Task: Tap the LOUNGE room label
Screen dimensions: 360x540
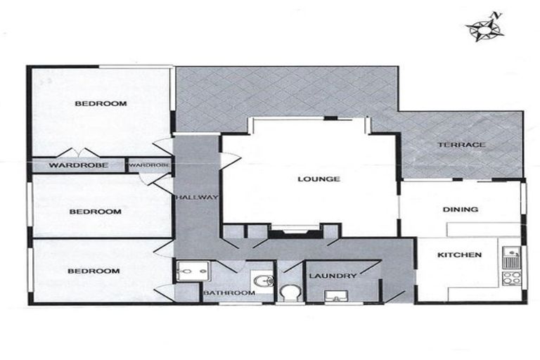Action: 319,179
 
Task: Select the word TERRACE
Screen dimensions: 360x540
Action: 462,145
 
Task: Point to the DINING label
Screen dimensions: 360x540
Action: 461,209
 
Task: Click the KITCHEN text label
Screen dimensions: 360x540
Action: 460,255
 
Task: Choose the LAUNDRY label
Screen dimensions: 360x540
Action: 333,276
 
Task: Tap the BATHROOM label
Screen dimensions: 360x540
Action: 229,292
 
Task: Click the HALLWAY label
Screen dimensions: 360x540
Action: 198,198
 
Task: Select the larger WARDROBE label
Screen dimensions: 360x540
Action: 78,166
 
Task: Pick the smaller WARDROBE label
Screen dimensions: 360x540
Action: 149,165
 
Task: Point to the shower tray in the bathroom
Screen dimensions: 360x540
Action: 188,270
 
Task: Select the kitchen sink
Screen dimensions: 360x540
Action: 511,252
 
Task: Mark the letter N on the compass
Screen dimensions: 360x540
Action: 496,15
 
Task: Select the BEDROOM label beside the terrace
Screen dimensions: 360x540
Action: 101,104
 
